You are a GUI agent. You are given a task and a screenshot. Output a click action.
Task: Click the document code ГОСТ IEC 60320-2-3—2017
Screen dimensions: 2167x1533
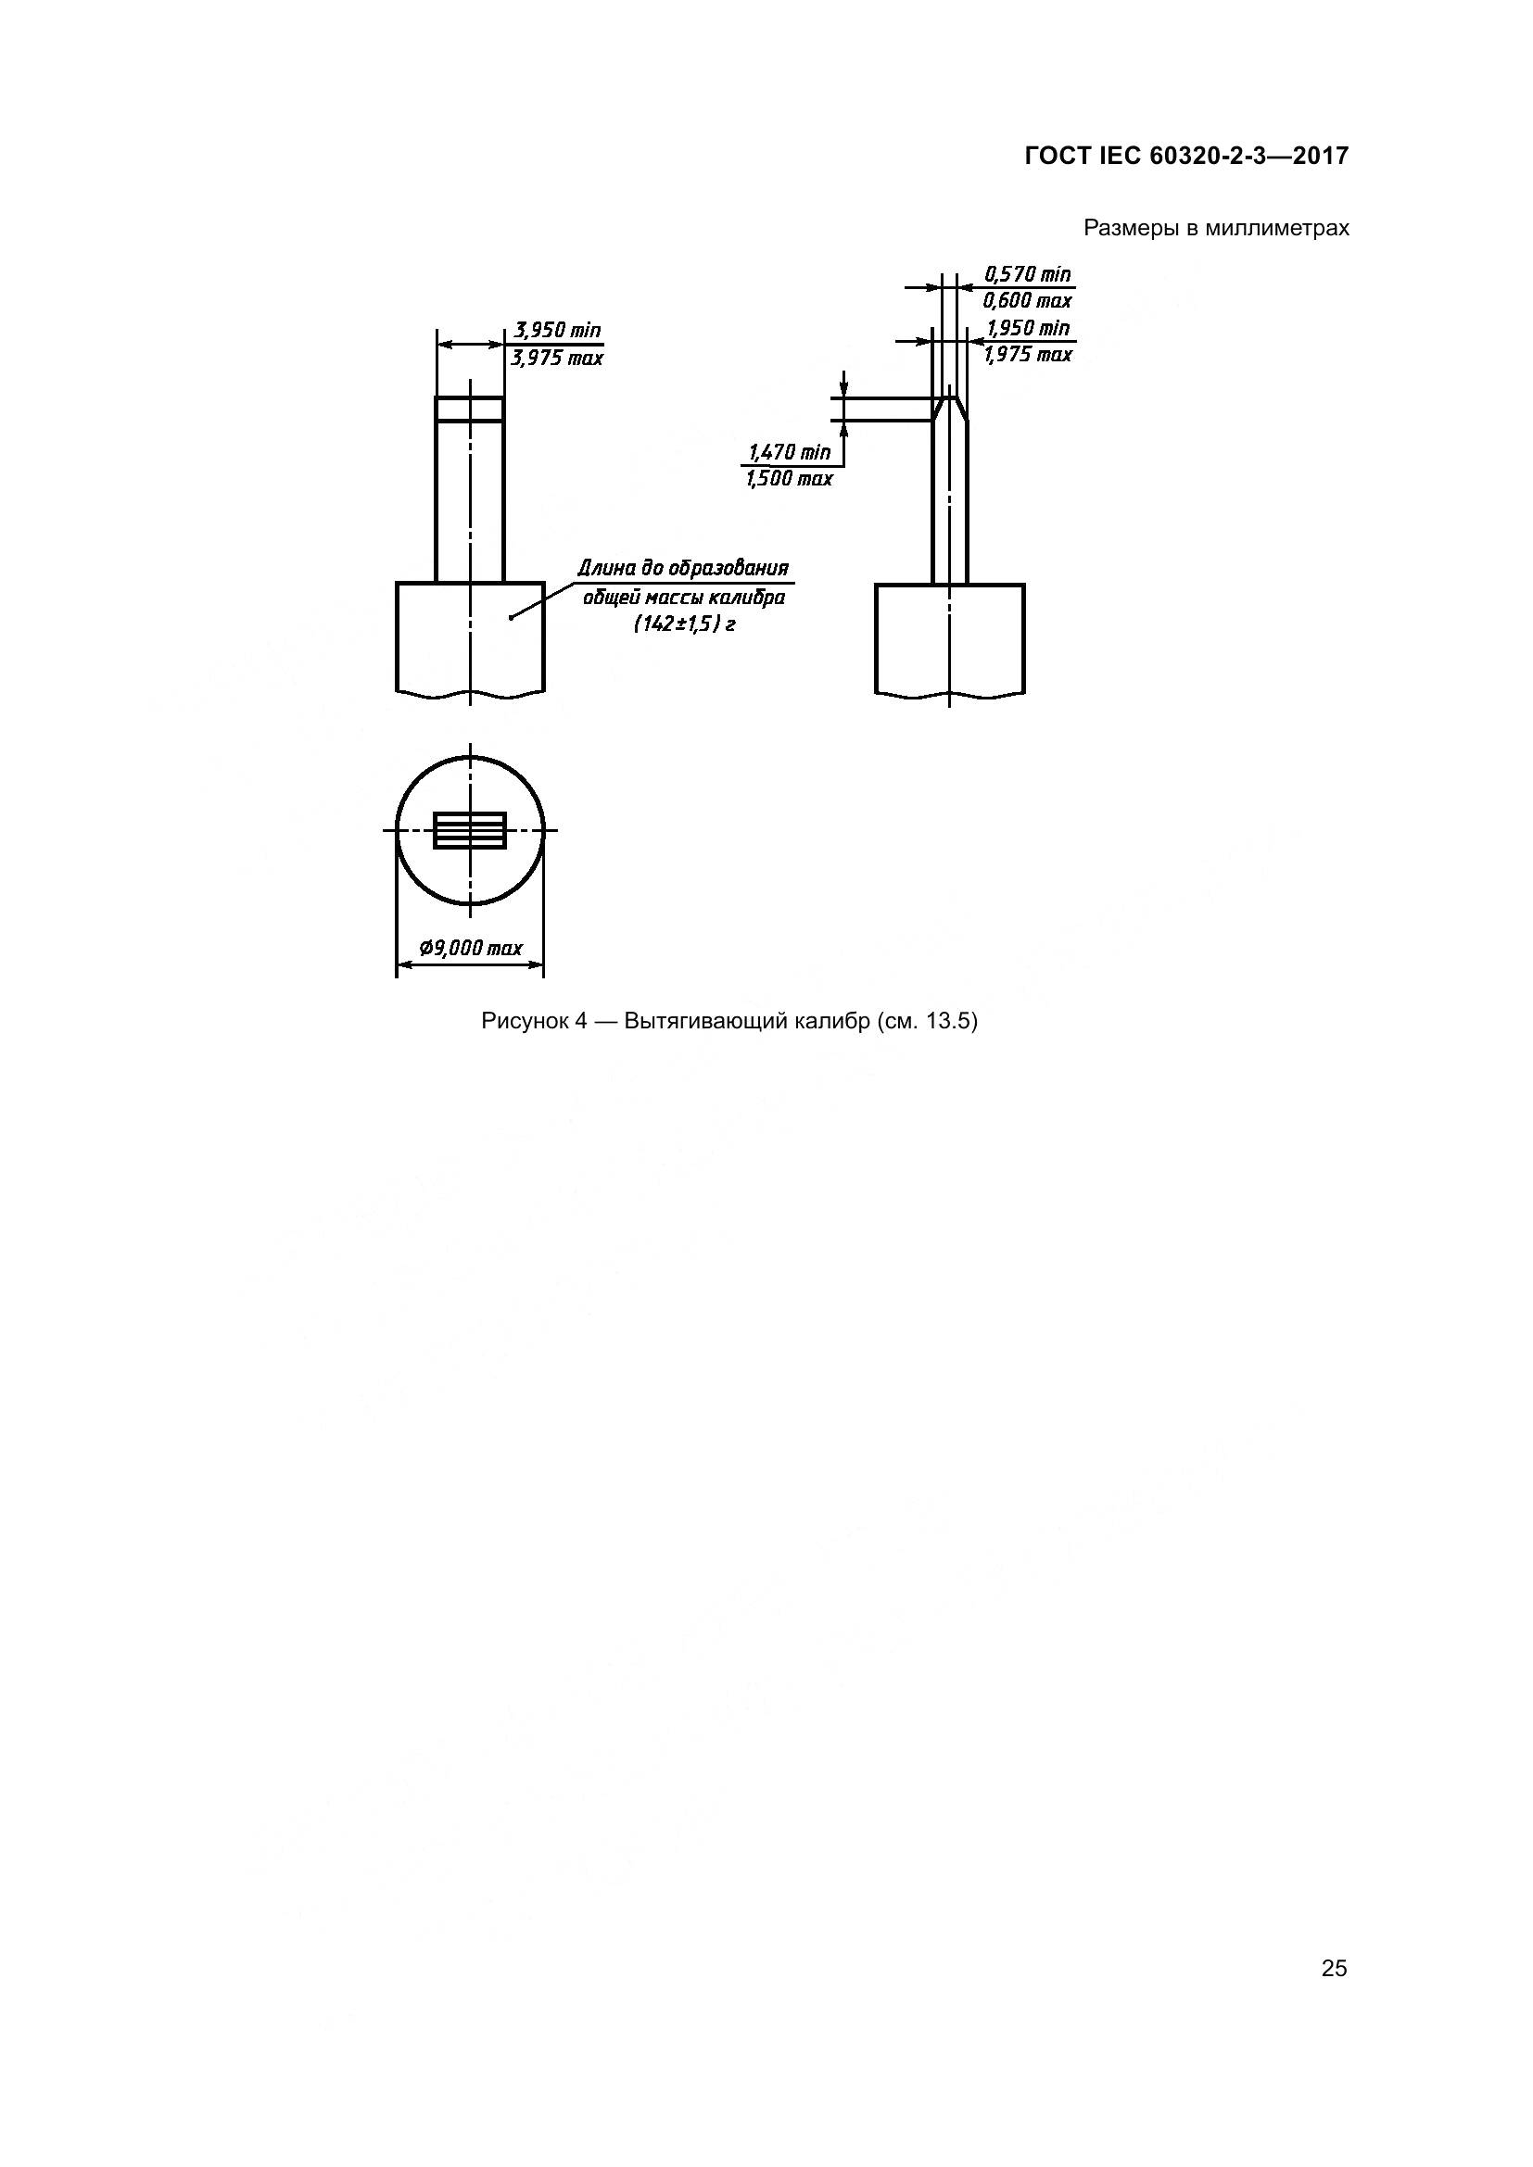click(1185, 156)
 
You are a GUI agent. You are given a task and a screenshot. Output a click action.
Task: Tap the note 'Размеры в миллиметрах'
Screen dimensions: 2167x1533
click(1216, 229)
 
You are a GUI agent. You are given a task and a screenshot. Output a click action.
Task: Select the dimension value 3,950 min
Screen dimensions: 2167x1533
click(557, 331)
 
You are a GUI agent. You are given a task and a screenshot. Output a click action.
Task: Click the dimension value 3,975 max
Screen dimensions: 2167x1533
click(557, 359)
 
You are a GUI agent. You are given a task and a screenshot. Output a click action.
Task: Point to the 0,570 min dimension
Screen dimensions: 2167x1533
click(1027, 274)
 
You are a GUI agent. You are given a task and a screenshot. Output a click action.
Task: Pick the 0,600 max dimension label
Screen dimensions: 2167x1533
click(1027, 301)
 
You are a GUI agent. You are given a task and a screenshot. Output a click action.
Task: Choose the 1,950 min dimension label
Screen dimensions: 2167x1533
click(1027, 329)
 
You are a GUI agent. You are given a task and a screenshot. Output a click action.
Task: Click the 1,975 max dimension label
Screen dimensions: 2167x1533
click(1027, 355)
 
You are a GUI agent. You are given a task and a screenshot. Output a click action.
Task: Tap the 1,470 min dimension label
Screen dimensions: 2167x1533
click(789, 453)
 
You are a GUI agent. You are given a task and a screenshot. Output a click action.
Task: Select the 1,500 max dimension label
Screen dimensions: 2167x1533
click(789, 480)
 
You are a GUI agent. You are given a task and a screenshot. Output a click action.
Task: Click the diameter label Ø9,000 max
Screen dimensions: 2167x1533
click(470, 948)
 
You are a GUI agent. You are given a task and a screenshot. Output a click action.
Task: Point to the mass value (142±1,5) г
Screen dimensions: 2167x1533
click(684, 624)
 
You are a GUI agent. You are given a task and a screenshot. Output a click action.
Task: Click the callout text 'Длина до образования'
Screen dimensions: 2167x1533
click(682, 568)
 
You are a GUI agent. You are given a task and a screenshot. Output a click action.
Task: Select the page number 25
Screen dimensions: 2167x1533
click(1334, 1969)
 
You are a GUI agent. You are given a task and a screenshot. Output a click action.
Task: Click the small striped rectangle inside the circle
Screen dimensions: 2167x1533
click(470, 830)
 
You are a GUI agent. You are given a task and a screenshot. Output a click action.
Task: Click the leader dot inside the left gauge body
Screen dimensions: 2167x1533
click(511, 617)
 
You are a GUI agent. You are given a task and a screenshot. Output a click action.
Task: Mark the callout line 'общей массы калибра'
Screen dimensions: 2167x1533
click(684, 598)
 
